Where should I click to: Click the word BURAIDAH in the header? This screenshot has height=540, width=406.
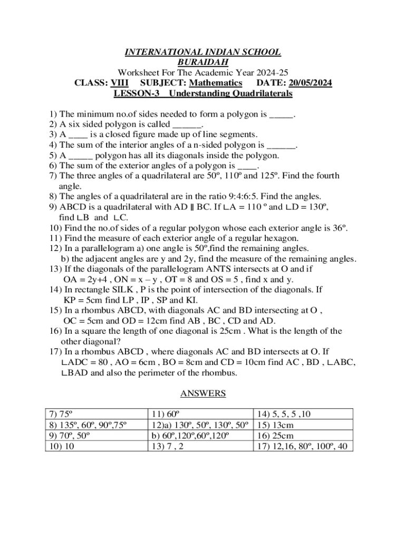click(x=202, y=63)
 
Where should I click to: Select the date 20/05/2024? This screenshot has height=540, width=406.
click(x=311, y=83)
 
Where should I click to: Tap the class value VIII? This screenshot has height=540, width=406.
click(x=119, y=83)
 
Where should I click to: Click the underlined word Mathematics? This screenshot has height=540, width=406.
click(x=216, y=83)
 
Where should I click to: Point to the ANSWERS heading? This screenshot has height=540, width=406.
click(x=203, y=393)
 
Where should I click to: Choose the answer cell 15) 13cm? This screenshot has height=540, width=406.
click(x=277, y=425)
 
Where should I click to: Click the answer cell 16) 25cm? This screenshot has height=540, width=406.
click(x=277, y=436)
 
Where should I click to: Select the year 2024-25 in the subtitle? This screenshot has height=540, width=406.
click(x=271, y=73)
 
